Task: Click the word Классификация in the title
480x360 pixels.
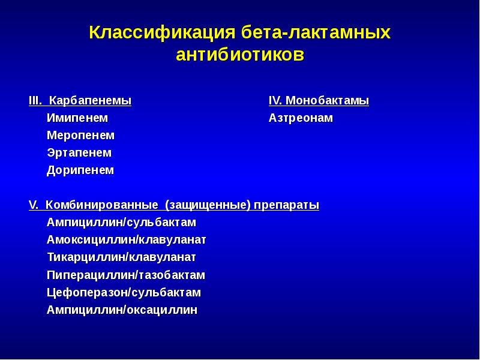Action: (x=162, y=33)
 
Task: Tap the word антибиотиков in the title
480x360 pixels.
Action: (x=241, y=55)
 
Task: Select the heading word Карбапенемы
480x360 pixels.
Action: (x=91, y=101)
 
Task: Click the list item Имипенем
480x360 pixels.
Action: (x=77, y=118)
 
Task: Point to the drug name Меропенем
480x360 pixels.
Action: (x=81, y=136)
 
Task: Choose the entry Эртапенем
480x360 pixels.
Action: (x=79, y=153)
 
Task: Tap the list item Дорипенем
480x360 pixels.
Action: (x=80, y=170)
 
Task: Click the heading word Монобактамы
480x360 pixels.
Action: (x=327, y=101)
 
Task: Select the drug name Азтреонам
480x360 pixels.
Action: (x=301, y=118)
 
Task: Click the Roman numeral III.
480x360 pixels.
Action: (x=35, y=101)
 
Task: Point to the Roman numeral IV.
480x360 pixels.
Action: (x=275, y=101)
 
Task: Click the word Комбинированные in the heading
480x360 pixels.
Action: (x=102, y=205)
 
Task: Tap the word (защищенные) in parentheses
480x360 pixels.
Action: (x=208, y=205)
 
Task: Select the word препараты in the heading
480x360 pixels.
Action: (x=287, y=205)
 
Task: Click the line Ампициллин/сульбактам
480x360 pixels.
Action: (x=122, y=223)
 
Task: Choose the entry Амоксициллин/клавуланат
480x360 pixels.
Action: (x=127, y=240)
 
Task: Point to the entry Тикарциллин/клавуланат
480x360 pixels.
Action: (x=122, y=257)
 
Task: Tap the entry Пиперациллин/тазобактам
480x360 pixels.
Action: (x=126, y=275)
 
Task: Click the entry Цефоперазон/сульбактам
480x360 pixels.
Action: (x=124, y=292)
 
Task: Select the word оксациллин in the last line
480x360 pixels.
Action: (x=162, y=310)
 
